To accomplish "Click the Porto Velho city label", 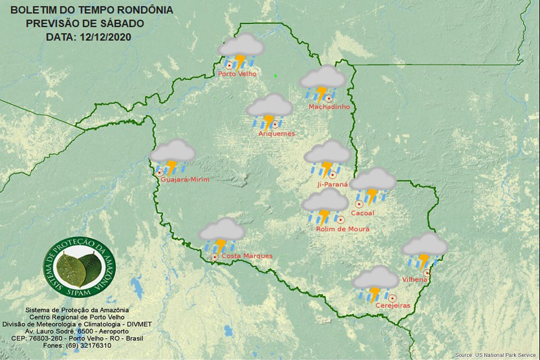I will tap(237, 74).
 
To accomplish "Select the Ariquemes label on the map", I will tap(276, 134).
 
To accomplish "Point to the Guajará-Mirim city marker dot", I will tap(160, 173).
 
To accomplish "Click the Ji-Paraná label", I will tap(333, 184).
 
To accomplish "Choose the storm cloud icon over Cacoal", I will tap(373, 184).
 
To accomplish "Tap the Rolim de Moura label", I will tap(343, 229).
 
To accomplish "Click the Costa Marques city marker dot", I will tap(214, 257).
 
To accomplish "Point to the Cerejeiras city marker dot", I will tap(393, 298).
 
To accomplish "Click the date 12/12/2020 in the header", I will tap(105, 37).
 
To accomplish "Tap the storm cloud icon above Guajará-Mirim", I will tap(172, 156).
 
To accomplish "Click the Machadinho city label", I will tap(329, 107).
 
